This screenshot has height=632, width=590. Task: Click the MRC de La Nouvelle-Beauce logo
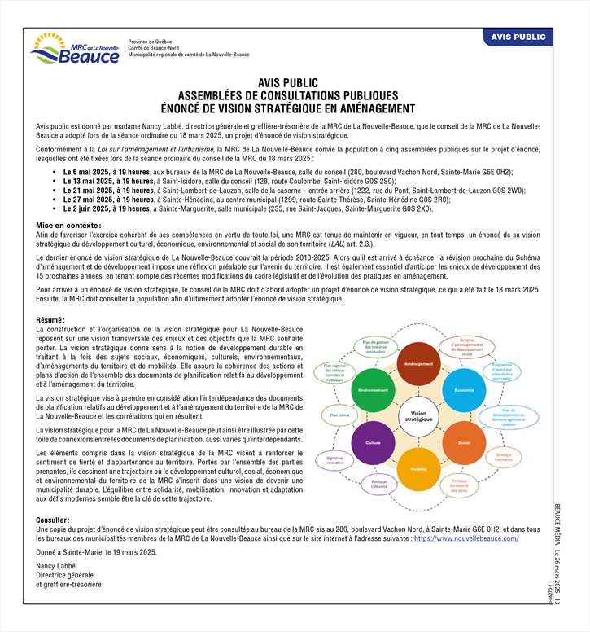pos(74,48)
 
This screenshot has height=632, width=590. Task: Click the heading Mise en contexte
pos(68,224)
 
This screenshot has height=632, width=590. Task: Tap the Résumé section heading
pos(51,320)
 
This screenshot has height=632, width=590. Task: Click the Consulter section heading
pos(54,520)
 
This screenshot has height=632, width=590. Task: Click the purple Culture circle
pos(374,442)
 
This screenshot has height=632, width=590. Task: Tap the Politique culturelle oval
pos(378,485)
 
